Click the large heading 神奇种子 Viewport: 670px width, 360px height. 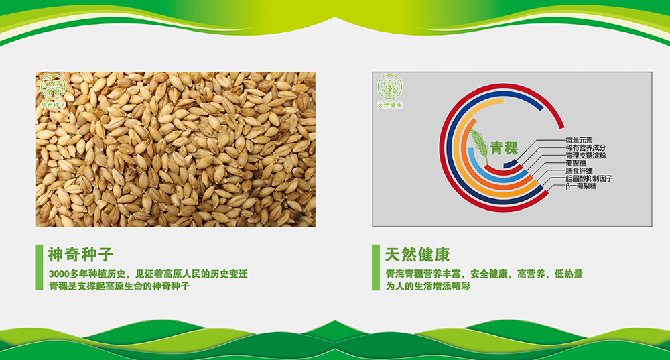(x=81, y=254)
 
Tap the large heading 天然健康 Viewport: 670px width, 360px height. (x=417, y=254)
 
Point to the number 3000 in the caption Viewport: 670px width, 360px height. (x=58, y=274)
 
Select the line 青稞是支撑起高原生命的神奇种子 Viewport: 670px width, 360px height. (x=119, y=286)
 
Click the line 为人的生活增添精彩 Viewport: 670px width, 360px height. (x=427, y=286)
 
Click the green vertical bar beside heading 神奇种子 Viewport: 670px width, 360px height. (x=39, y=267)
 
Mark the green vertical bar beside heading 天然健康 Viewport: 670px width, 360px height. (x=376, y=267)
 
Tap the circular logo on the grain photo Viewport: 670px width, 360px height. (x=53, y=86)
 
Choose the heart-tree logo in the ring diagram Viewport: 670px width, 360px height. (x=390, y=86)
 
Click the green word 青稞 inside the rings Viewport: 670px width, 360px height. (x=505, y=148)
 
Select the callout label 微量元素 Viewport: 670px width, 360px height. (x=579, y=140)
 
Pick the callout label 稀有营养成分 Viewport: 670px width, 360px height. (x=586, y=148)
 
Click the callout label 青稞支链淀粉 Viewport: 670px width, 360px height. (x=586, y=156)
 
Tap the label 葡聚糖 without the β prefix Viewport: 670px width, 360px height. (x=576, y=164)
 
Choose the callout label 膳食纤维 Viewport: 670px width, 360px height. (x=579, y=171)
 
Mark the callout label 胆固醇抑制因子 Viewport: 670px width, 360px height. (x=589, y=179)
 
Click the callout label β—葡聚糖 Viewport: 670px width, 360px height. (x=581, y=186)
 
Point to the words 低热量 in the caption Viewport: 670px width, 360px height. (x=568, y=274)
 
